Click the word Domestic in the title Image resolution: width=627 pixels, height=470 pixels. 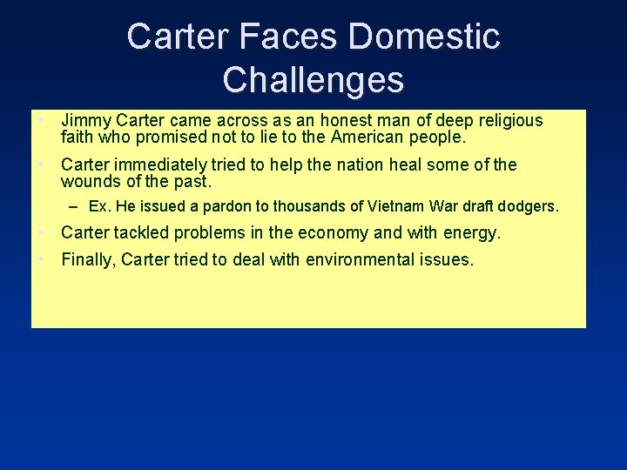click(x=423, y=37)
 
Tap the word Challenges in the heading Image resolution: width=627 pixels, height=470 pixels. click(x=313, y=79)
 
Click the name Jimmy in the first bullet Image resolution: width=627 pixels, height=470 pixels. click(x=83, y=121)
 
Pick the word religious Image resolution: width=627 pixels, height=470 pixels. click(x=502, y=121)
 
